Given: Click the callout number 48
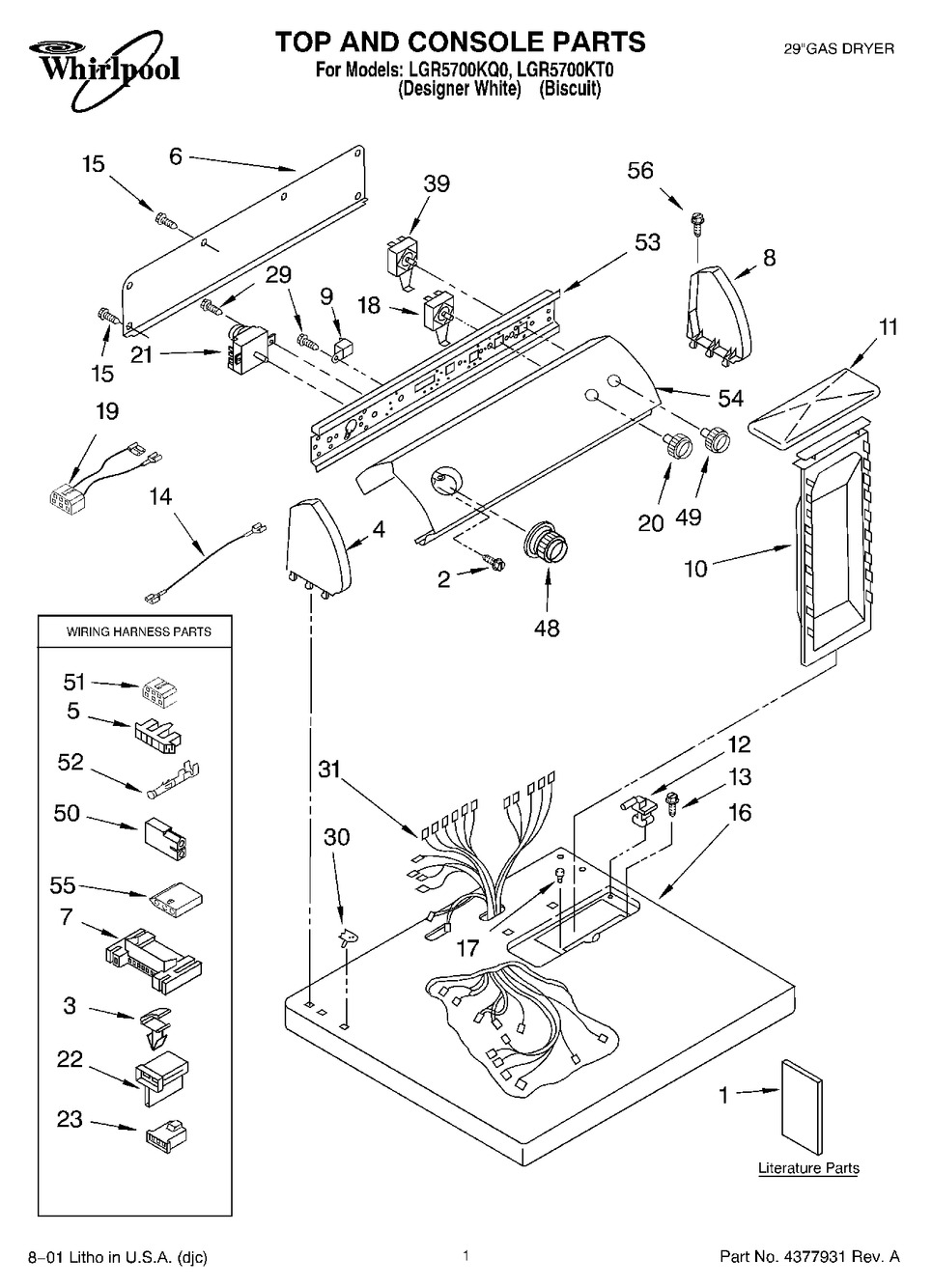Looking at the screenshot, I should point(547,629).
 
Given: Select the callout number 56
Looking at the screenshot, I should point(640,171).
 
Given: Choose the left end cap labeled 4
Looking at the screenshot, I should point(317,542).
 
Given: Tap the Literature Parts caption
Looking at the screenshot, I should point(808,1168).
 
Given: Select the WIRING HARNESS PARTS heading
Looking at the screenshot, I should point(138,632).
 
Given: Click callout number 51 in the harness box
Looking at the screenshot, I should point(75,683).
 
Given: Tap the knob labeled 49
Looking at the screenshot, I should point(716,437).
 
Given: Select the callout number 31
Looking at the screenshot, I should point(331,769).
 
